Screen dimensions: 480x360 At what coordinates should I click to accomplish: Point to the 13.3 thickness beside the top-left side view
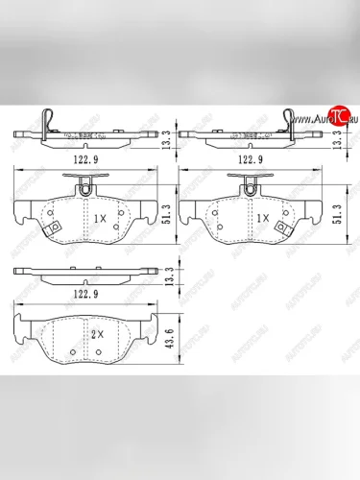[168, 141]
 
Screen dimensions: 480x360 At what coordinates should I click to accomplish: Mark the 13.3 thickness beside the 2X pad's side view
[168, 278]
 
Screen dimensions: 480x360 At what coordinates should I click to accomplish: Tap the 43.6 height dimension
[168, 340]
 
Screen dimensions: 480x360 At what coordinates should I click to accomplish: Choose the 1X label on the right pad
[262, 218]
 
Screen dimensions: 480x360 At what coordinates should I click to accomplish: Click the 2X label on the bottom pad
[97, 335]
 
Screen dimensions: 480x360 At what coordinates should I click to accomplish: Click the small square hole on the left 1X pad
[55, 228]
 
